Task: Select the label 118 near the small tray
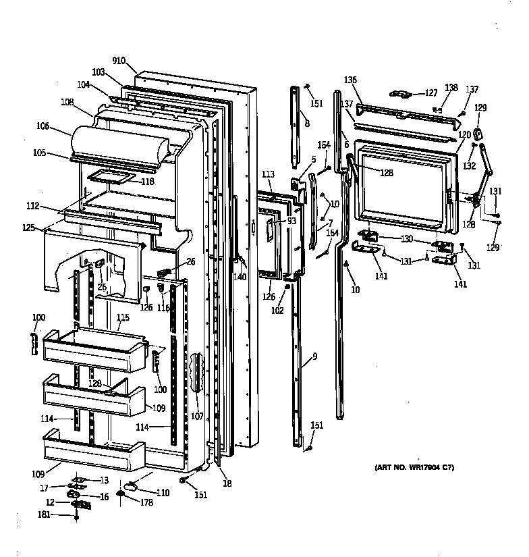pos(147,182)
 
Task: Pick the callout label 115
pos(122,318)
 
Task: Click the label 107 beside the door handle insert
pos(196,416)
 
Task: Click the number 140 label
pos(240,276)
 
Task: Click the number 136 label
pos(350,80)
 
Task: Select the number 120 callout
pos(464,135)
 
